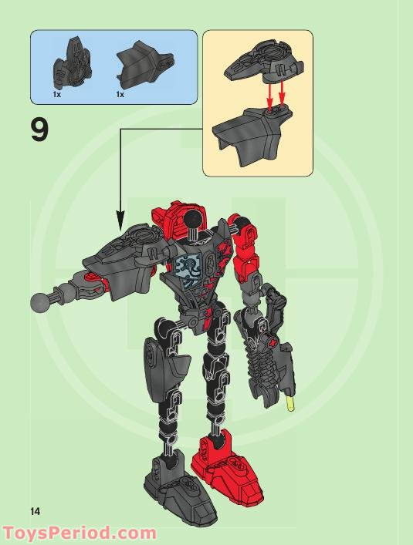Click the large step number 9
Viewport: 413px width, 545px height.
[39, 130]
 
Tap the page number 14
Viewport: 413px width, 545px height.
[35, 510]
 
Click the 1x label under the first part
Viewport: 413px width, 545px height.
[56, 95]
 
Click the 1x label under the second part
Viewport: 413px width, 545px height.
[120, 95]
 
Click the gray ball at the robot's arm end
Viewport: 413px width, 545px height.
[39, 301]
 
